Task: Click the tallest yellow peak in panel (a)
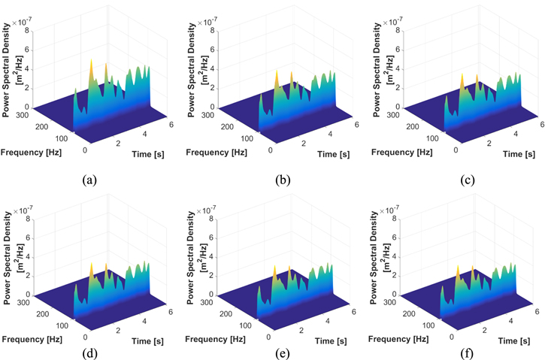[92, 62]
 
